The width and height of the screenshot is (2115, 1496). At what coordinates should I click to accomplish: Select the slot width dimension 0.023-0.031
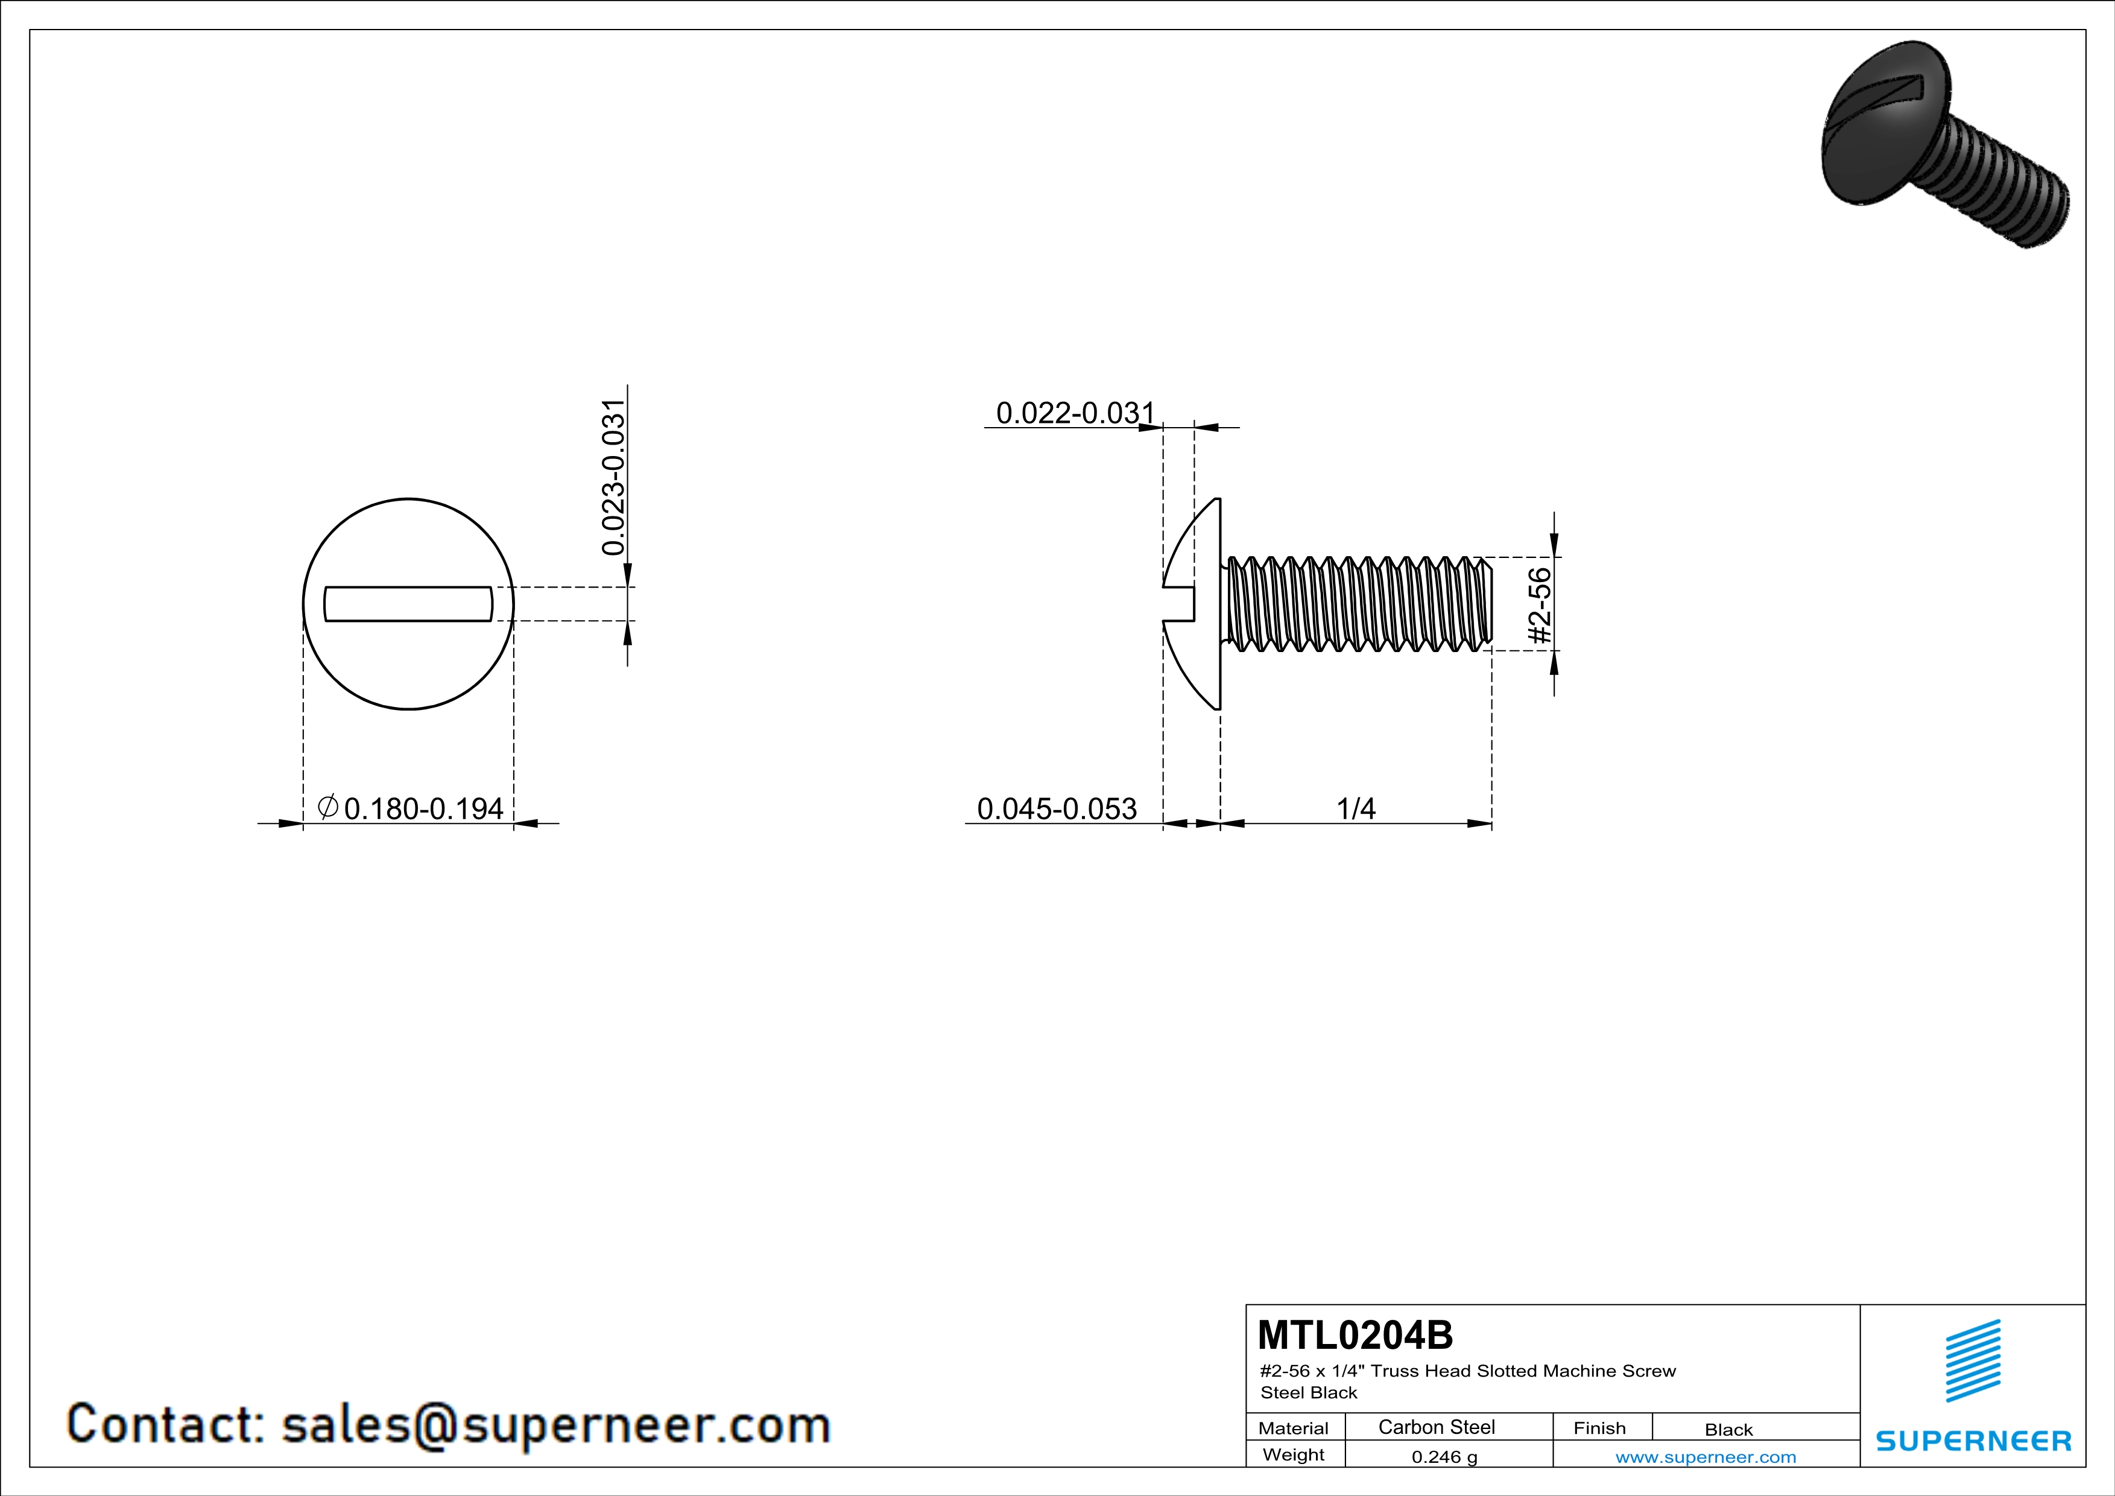tap(613, 477)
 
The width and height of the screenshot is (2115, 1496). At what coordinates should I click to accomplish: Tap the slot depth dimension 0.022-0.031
tap(1075, 413)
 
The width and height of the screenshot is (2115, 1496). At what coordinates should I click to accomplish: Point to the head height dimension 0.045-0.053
tap(1057, 809)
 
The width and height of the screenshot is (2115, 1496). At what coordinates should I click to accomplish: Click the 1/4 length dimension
tap(1356, 809)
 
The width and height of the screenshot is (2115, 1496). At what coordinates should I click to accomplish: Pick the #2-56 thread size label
tap(1539, 605)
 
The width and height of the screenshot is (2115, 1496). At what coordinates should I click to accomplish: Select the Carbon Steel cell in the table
tap(1436, 1427)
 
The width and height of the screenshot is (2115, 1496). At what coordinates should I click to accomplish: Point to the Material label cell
tap(1294, 1428)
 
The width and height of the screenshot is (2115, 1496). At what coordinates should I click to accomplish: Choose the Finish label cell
tap(1599, 1428)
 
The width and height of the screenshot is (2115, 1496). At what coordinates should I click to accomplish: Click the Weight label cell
tap(1294, 1454)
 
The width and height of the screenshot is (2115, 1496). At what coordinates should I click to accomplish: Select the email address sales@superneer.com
tap(555, 1424)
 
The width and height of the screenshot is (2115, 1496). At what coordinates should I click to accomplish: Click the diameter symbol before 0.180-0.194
tap(328, 807)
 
